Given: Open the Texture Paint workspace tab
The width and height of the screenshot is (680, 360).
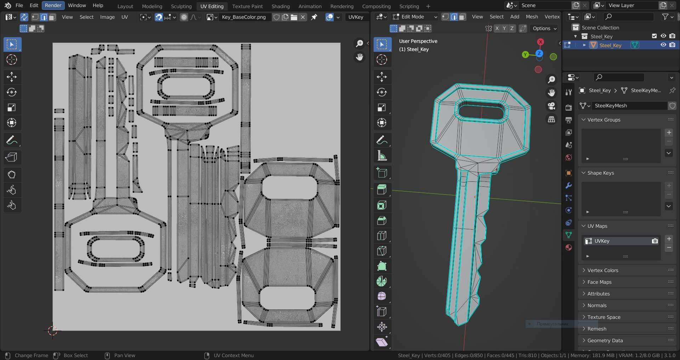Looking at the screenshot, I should [x=247, y=6].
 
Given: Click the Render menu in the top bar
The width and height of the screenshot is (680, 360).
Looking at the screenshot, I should [x=53, y=5].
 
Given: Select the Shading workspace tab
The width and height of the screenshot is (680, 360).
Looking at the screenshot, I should [x=280, y=6].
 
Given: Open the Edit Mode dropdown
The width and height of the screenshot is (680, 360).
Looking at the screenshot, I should [x=415, y=17].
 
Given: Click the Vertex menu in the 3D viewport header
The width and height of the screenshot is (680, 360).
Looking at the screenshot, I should [x=552, y=17].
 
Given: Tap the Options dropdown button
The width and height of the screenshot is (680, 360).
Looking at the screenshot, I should [x=544, y=28].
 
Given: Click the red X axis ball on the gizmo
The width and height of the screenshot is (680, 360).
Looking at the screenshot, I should [x=540, y=42].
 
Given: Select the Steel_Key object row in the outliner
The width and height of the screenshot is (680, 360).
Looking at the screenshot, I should [x=610, y=45].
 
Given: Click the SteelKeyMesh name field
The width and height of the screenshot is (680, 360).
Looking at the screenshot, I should [x=630, y=106].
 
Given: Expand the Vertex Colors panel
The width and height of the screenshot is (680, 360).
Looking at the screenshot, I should [x=602, y=270].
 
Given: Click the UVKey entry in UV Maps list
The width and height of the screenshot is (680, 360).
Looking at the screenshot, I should [x=616, y=241].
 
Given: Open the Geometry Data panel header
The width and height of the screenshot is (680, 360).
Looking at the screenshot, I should [x=605, y=341].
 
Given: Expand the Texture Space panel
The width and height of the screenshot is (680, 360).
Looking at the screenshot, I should [x=603, y=317].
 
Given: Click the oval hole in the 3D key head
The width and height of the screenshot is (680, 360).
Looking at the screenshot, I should [x=481, y=112].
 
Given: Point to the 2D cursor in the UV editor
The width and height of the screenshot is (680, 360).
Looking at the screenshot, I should [x=52, y=331].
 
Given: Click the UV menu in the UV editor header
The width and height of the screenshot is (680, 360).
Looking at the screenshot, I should [x=125, y=17].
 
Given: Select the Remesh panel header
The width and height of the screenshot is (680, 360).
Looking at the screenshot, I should [x=597, y=329].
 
